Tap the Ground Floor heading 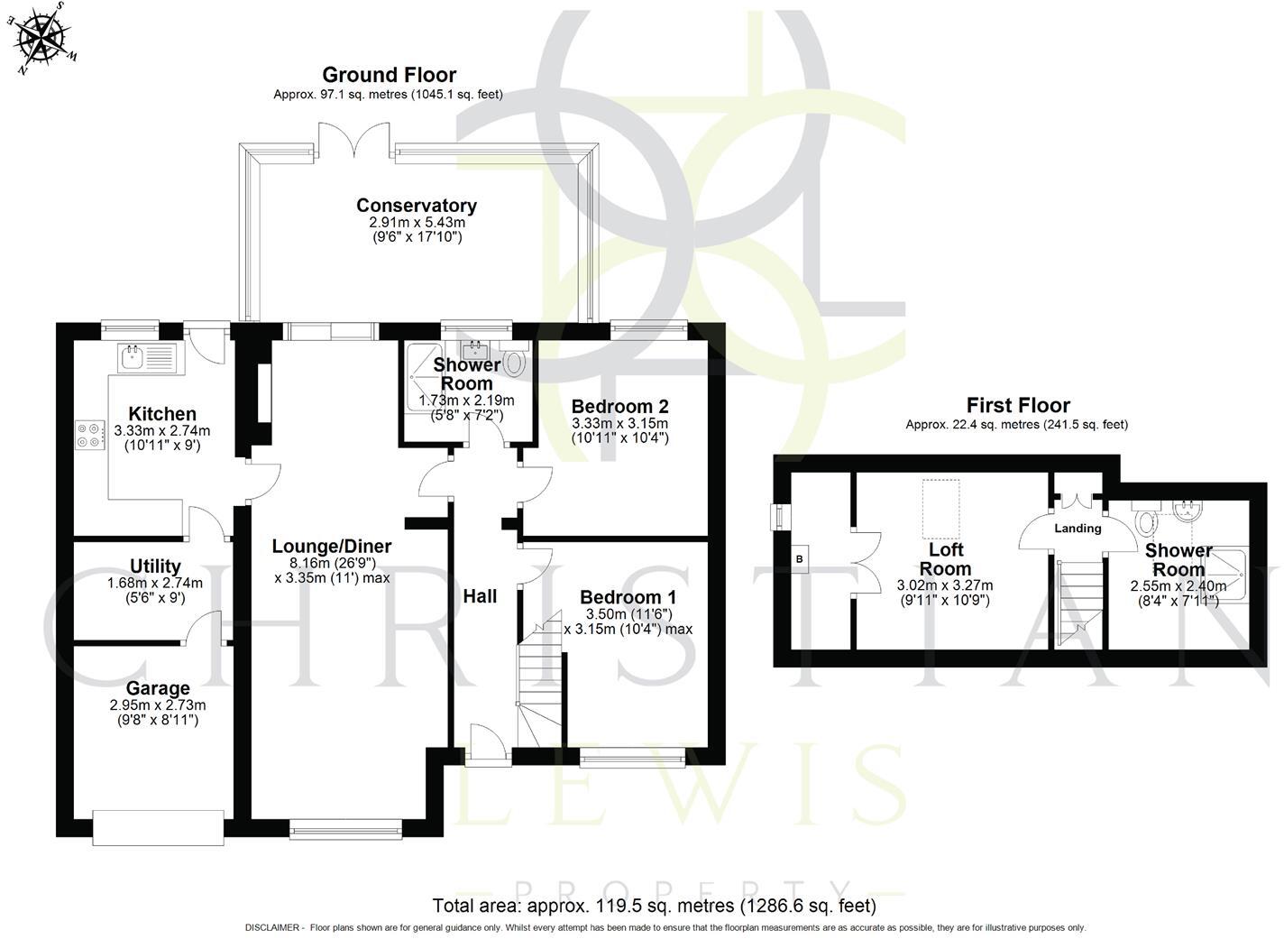[x=389, y=75]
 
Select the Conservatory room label [x=416, y=206]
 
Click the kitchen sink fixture [x=132, y=356]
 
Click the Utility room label [x=155, y=566]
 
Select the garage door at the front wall [x=158, y=827]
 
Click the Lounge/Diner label [x=332, y=547]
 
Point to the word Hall [x=480, y=596]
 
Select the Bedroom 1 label [x=628, y=597]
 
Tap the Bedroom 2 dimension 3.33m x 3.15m [x=619, y=423]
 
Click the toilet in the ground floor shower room [x=514, y=364]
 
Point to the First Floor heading [x=1018, y=406]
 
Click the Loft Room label [x=946, y=559]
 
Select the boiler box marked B [x=798, y=558]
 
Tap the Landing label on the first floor [x=1078, y=529]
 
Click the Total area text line [x=654, y=906]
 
